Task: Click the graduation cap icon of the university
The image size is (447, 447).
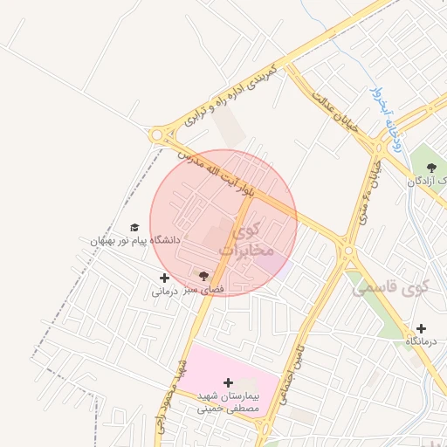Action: click(134, 227)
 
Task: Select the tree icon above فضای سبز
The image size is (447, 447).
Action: click(203, 276)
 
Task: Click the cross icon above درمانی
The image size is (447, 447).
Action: click(164, 279)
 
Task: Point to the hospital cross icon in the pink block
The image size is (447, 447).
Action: click(229, 382)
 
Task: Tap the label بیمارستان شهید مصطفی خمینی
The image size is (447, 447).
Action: click(228, 401)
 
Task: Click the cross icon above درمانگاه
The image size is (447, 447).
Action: click(422, 328)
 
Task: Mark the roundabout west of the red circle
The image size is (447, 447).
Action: click(158, 135)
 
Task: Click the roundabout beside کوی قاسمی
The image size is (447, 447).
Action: click(349, 252)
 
